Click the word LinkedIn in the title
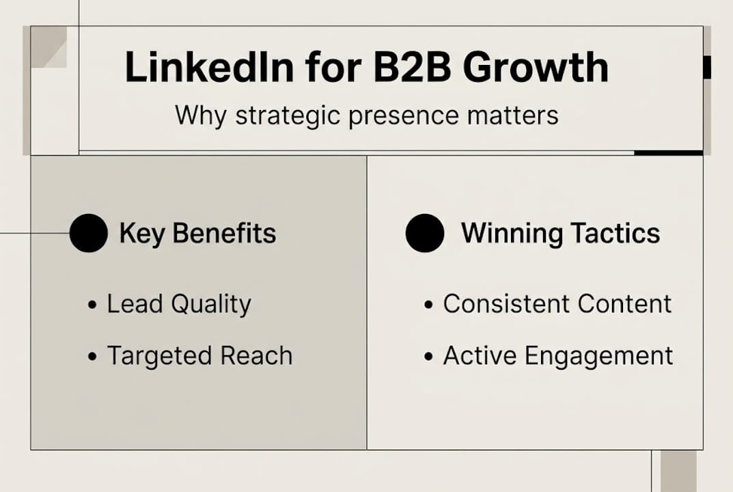pos(210,68)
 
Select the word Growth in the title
pos(536,68)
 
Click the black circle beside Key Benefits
pos(88,233)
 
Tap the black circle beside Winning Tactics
pos(425,233)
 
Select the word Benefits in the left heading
pos(224,233)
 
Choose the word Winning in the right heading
pos(512,234)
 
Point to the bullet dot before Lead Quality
pos(92,305)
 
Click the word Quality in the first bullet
pos(211,305)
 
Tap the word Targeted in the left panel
pos(159,357)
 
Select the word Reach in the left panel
pos(256,355)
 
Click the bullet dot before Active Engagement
pos(429,357)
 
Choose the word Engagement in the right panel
pos(599,357)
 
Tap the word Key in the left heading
pos(141,234)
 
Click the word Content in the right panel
pos(624,304)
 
